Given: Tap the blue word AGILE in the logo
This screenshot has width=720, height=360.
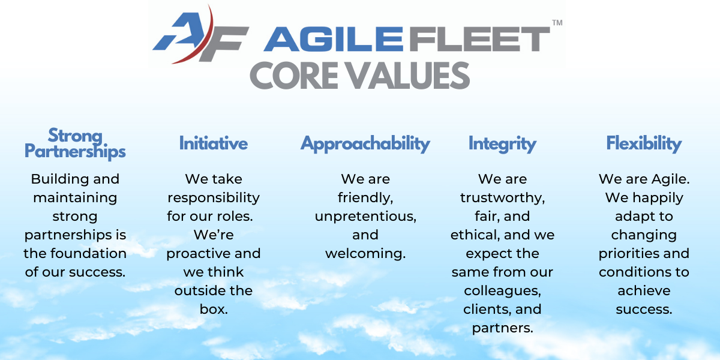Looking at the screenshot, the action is pyautogui.click(x=333, y=39).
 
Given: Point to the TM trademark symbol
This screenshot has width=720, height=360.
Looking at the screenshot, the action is pyautogui.click(x=557, y=23).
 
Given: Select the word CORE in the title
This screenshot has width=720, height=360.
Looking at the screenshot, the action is pyautogui.click(x=294, y=76).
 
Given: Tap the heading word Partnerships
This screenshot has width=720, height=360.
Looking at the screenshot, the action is pyautogui.click(x=75, y=151).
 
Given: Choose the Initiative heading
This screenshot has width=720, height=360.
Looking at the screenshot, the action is pyautogui.click(x=214, y=143).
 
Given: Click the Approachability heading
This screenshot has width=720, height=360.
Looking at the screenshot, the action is pyautogui.click(x=365, y=144).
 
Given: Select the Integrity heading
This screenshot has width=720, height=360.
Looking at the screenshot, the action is pyautogui.click(x=502, y=144).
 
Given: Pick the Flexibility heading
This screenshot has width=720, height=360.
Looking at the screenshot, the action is pyautogui.click(x=644, y=144).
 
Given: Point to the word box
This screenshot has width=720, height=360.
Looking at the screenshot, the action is pyautogui.click(x=214, y=309).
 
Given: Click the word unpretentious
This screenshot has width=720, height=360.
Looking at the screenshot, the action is pyautogui.click(x=365, y=217).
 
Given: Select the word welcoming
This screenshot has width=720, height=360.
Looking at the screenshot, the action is pyautogui.click(x=365, y=254).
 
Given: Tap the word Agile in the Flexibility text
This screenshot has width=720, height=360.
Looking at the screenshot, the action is pyautogui.click(x=670, y=179).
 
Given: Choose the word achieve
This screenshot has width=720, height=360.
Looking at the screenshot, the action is pyautogui.click(x=644, y=290).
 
